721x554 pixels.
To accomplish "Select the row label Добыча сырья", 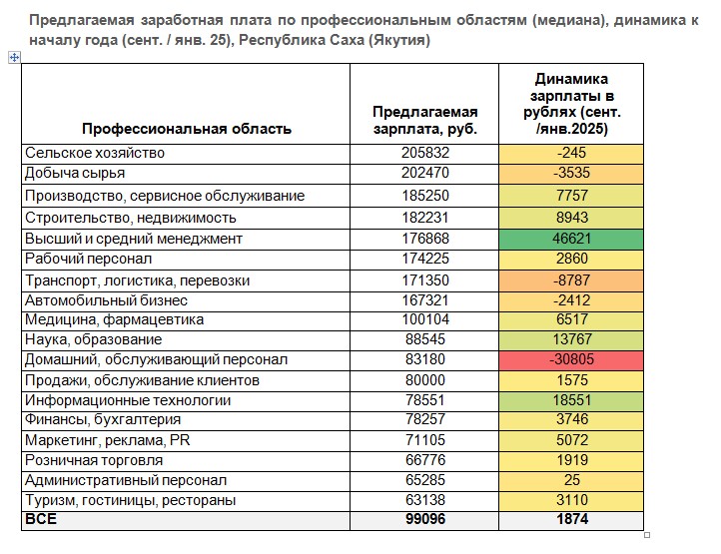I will pyautogui.click(x=74, y=173).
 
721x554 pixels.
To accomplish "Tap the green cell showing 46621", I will pyautogui.click(x=571, y=240).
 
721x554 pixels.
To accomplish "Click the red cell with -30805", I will pyautogui.click(x=571, y=359).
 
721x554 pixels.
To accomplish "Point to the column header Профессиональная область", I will pyautogui.click(x=187, y=129).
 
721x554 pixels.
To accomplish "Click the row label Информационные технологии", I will pyautogui.click(x=127, y=400).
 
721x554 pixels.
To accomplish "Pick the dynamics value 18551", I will pyautogui.click(x=571, y=400).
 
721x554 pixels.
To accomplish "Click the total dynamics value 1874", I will pyautogui.click(x=571, y=520).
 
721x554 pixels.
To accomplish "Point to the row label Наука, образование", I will pyautogui.click(x=93, y=339).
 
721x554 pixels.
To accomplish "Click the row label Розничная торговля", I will pyautogui.click(x=95, y=460).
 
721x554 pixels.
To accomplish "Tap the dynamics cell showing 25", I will pyautogui.click(x=571, y=480).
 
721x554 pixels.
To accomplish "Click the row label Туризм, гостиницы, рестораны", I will pyautogui.click(x=130, y=500).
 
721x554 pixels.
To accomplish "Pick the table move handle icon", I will pyautogui.click(x=14, y=58).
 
